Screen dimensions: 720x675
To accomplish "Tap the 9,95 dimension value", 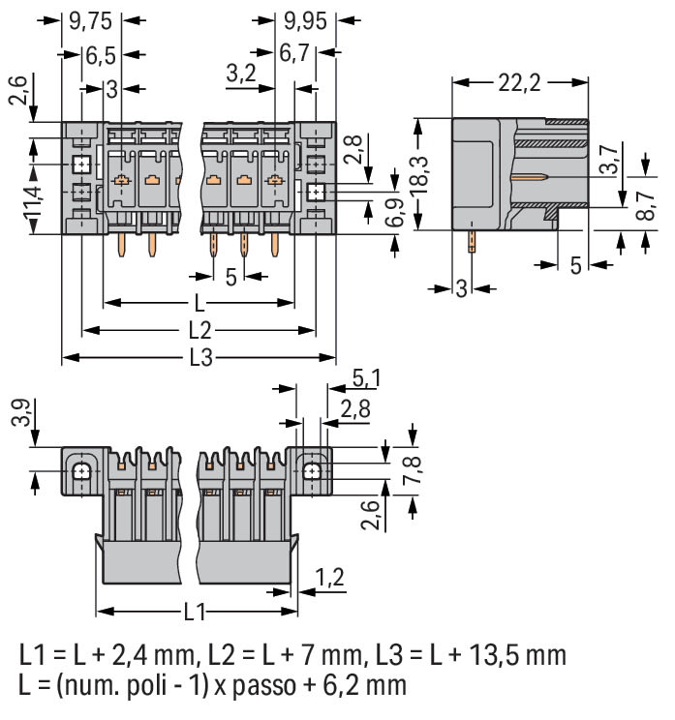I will [299, 18].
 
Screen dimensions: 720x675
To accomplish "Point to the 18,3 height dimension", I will [419, 173].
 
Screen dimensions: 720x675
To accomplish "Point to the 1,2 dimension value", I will [330, 578].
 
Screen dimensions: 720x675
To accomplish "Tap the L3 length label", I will [199, 357].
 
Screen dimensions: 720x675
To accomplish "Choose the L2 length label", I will [199, 329].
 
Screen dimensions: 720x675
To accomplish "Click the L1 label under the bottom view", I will [195, 612].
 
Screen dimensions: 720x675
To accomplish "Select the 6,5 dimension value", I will [97, 54].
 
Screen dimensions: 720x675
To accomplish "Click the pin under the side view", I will [472, 238].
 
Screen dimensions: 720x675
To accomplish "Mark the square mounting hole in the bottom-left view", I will [81, 472].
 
